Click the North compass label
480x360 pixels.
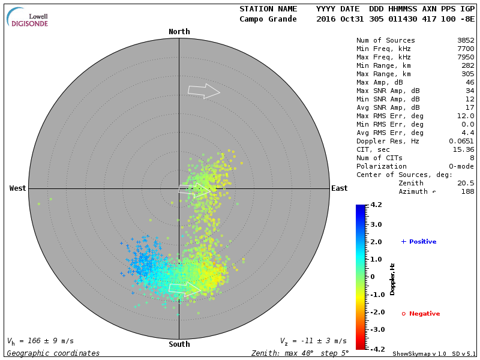coord(179,32)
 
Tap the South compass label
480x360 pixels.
coord(179,344)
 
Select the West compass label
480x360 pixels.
coord(18,188)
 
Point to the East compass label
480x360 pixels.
coord(340,188)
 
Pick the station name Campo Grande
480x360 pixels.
coord(268,19)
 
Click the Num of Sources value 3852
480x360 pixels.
coord(466,40)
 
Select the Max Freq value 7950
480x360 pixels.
coord(466,57)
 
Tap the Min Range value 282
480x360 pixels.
coord(468,65)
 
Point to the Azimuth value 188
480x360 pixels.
coord(468,191)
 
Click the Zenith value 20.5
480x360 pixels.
coord(466,183)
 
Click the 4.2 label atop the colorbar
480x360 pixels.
coord(376,205)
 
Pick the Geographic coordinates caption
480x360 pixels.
coord(53,353)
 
